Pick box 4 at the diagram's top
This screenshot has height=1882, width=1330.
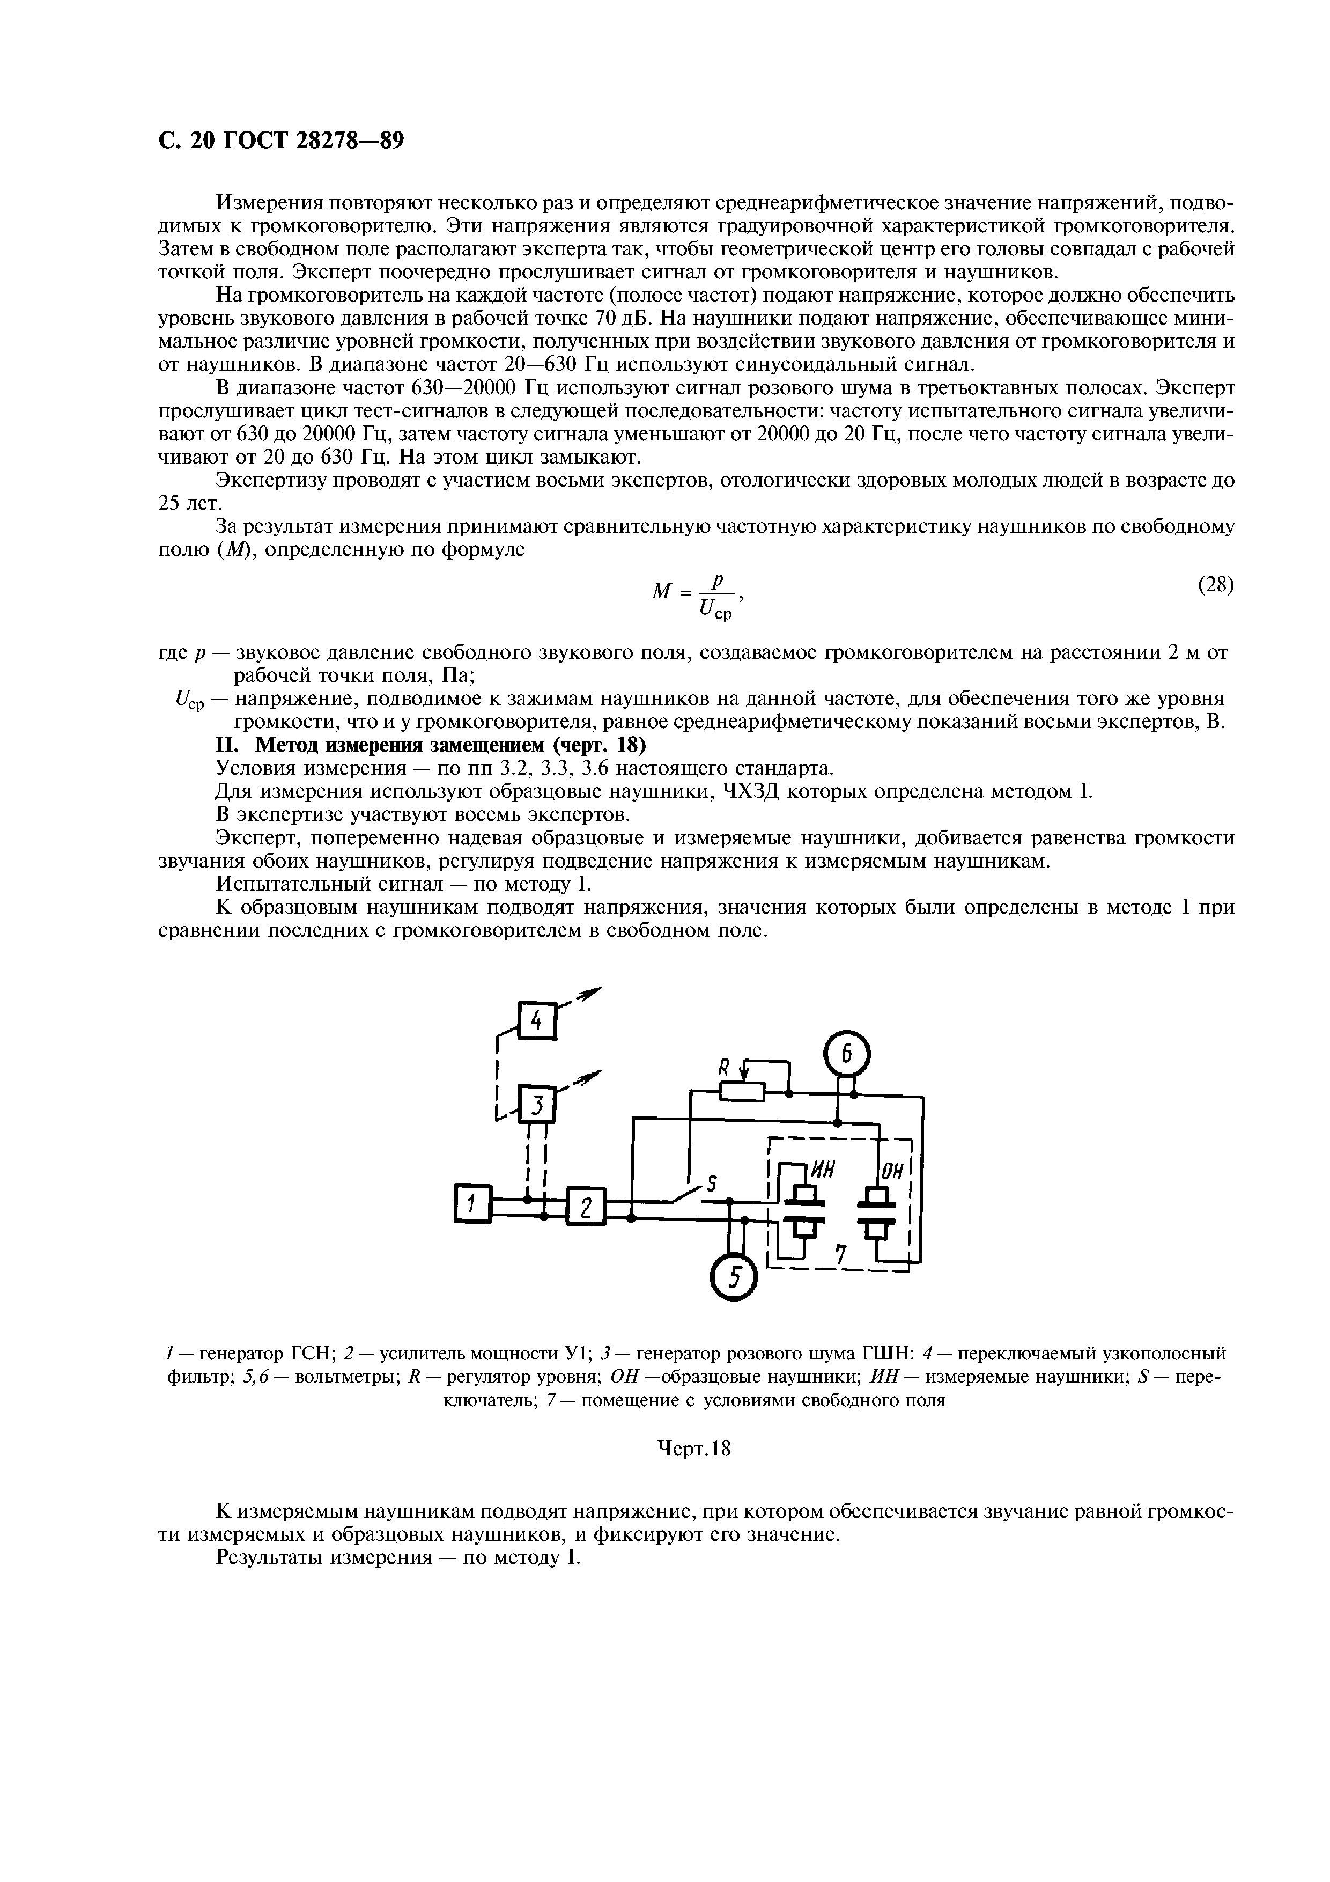[x=537, y=1021]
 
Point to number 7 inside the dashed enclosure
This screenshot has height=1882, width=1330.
[x=839, y=1253]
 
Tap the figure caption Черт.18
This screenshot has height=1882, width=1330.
[x=694, y=1449]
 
